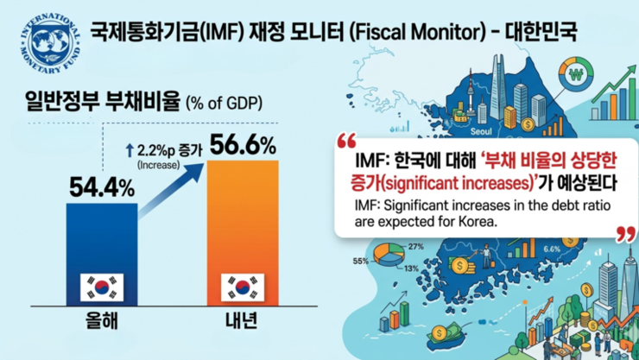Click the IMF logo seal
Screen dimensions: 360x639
coord(45,44)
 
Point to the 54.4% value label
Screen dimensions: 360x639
coord(102,185)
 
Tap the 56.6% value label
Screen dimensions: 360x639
coord(243,142)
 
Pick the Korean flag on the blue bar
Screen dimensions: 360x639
coord(102,286)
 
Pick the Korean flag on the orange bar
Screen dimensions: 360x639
coord(243,286)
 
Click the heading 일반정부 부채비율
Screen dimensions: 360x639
coord(97,106)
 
